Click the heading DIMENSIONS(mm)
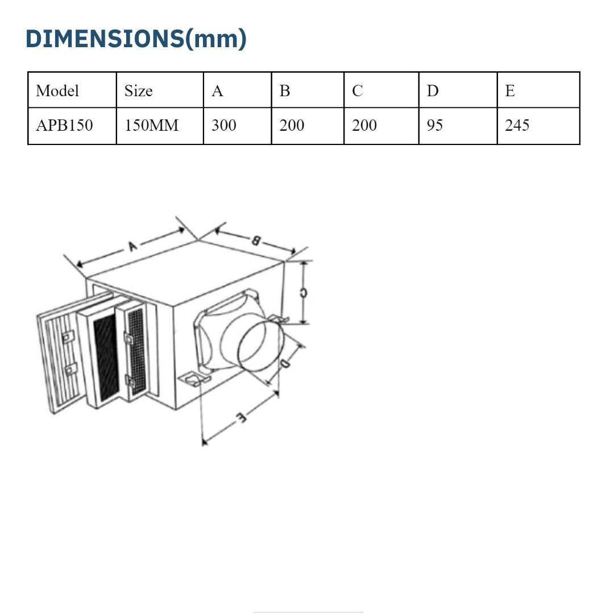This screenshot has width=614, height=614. tap(136, 39)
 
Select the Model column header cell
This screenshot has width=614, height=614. tap(57, 91)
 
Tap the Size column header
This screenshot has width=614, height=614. tap(139, 91)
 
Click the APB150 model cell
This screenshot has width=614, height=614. tap(64, 126)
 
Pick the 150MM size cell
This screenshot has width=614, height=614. tap(151, 126)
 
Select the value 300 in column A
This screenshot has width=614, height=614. tap(224, 126)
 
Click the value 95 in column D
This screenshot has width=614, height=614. tap(435, 126)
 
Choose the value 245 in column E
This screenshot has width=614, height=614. tap(517, 126)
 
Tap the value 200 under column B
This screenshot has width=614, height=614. tap(292, 126)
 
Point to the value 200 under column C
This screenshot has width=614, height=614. tap(364, 126)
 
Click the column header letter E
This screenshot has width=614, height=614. tap(510, 91)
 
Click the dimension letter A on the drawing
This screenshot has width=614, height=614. tap(132, 246)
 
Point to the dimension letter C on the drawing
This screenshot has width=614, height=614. tap(303, 293)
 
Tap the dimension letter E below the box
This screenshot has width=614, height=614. tap(240, 418)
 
